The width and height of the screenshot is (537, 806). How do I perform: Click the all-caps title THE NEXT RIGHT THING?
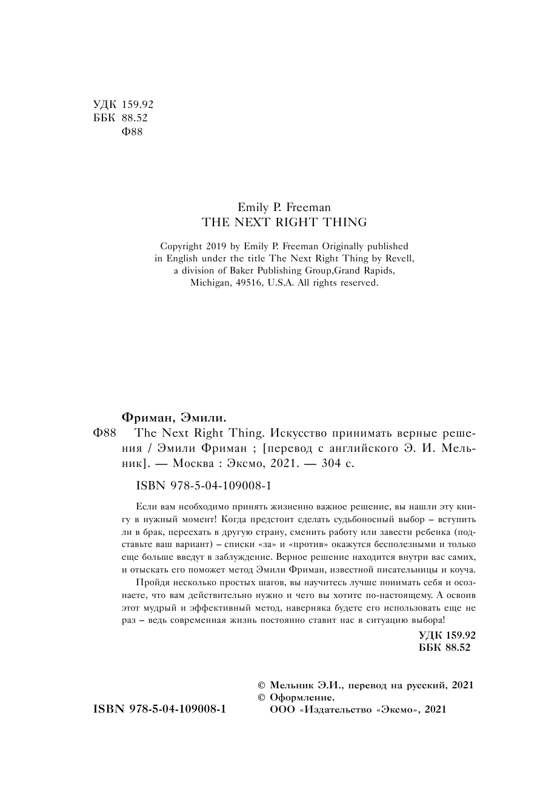coord(284,222)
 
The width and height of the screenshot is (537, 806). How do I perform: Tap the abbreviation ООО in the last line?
coord(281,709)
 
